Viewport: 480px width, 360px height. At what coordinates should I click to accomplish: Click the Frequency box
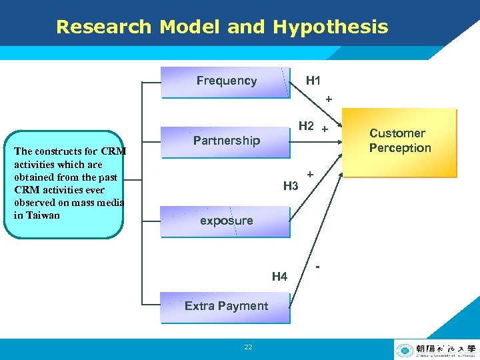pyautogui.click(x=226, y=81)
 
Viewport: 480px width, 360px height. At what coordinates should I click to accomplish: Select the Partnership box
pyautogui.click(x=226, y=141)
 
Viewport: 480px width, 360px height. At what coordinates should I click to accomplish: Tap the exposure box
pyautogui.click(x=226, y=221)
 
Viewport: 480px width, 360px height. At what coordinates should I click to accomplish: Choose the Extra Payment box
pyautogui.click(x=226, y=306)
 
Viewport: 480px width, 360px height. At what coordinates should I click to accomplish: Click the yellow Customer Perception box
pyautogui.click(x=400, y=141)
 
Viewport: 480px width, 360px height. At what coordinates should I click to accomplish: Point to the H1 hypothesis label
pyautogui.click(x=313, y=81)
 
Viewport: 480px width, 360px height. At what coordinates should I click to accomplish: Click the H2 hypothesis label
pyautogui.click(x=307, y=125)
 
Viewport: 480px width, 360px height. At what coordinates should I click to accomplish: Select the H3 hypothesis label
pyautogui.click(x=291, y=186)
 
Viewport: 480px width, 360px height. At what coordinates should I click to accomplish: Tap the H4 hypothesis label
pyautogui.click(x=279, y=276)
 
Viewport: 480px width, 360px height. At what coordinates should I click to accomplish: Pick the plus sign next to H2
pyautogui.click(x=325, y=128)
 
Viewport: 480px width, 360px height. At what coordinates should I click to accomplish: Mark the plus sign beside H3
pyautogui.click(x=311, y=174)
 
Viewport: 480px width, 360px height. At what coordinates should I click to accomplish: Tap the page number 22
pyautogui.click(x=248, y=347)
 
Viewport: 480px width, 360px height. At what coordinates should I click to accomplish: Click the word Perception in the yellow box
pyautogui.click(x=400, y=148)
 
